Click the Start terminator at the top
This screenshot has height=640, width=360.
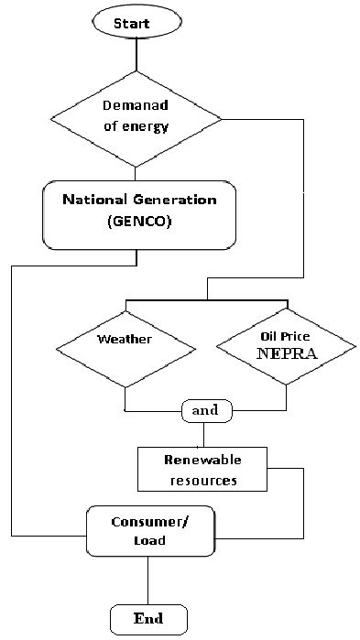point(136,22)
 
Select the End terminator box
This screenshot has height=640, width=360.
point(148,618)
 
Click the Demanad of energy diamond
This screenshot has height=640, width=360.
point(136,118)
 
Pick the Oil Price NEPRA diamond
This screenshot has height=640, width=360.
point(287,351)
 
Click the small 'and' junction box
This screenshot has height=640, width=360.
point(205,410)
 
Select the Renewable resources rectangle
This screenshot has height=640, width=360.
point(201,469)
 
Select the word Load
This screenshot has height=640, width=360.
point(148,540)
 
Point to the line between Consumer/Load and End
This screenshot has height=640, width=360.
point(148,579)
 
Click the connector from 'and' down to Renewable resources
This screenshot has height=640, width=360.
point(205,433)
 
